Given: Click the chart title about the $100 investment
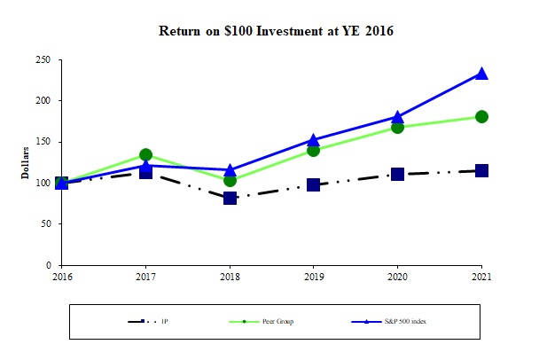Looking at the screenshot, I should (x=275, y=31).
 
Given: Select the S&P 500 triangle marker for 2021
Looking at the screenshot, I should (x=481, y=74).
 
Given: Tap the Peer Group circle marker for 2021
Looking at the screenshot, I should (x=481, y=116).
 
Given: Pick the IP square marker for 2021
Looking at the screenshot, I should (x=481, y=170).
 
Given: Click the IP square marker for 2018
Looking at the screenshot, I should (x=230, y=198).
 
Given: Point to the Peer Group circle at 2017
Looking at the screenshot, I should (x=145, y=155).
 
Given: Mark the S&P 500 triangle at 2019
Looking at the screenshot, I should (x=313, y=139).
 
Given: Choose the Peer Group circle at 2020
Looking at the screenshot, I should (x=397, y=127).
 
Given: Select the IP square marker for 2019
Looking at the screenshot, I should (x=313, y=184).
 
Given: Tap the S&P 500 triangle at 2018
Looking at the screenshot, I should (x=230, y=169).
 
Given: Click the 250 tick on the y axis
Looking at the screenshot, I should (x=43, y=60).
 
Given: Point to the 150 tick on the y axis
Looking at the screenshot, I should (x=43, y=142).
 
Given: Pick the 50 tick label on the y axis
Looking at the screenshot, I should (x=45, y=224).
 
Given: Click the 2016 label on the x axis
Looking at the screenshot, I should (x=61, y=277).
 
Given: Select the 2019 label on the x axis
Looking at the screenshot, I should (x=313, y=277).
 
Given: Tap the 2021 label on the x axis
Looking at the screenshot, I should (x=481, y=277).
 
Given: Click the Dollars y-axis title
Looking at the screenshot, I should (x=27, y=163).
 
